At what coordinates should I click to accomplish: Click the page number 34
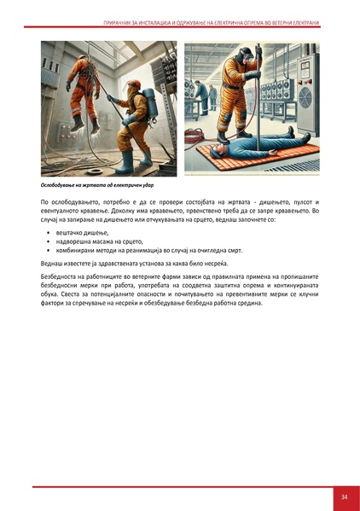tap(343, 497)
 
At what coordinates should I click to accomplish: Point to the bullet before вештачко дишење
tap(46, 233)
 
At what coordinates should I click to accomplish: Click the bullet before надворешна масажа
tap(46, 242)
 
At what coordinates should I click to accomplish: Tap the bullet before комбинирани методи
tap(46, 252)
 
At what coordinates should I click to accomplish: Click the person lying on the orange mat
tap(257, 149)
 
